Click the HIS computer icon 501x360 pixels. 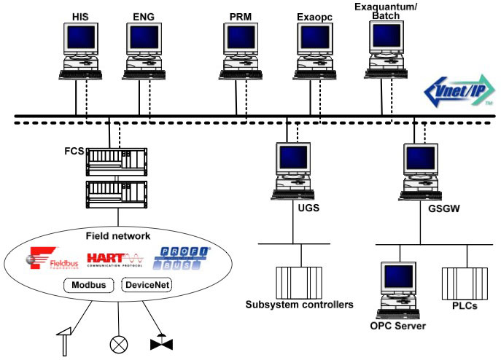[81, 50]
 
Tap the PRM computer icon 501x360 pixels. [241, 50]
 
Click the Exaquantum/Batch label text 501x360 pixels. [386, 10]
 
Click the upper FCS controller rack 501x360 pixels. [116, 161]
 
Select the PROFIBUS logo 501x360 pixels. [182, 257]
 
